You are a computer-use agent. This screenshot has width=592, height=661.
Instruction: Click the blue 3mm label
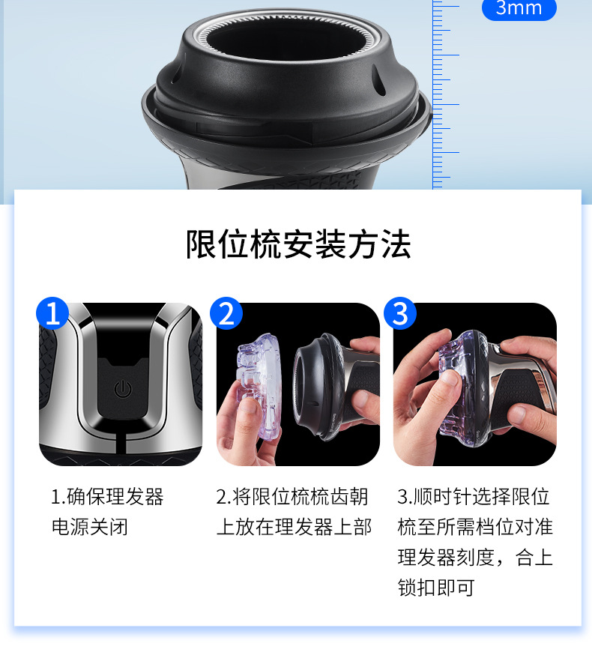(x=519, y=8)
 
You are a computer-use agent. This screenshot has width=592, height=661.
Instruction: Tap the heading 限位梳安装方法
(x=298, y=244)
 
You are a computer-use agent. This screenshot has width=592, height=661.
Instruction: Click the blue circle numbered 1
(x=52, y=313)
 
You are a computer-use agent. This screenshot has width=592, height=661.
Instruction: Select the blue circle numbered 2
(x=226, y=313)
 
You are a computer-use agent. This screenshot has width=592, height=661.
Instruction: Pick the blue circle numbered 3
(x=400, y=313)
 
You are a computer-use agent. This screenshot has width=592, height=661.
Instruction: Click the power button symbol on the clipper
(x=123, y=389)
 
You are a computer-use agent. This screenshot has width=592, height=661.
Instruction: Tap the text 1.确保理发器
(x=107, y=497)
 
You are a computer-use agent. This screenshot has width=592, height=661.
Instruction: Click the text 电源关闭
(x=89, y=527)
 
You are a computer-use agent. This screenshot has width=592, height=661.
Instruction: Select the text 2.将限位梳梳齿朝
(x=292, y=497)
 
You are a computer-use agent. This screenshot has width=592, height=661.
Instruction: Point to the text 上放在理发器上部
(x=294, y=527)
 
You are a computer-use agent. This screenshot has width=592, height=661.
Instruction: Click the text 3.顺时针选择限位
(x=474, y=497)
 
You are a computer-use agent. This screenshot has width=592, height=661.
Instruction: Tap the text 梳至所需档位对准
(x=475, y=527)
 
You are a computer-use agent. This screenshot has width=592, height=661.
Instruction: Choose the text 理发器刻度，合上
(x=475, y=558)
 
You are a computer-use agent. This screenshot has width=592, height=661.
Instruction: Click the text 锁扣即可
(x=436, y=588)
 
